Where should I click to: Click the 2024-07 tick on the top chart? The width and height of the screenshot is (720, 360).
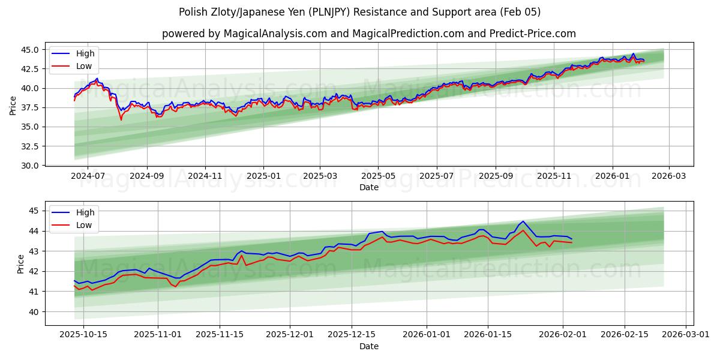88,176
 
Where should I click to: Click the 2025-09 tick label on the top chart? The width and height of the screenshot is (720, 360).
496,176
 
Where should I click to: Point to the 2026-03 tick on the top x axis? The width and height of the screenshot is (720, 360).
669,176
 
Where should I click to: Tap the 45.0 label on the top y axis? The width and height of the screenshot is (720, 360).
30,50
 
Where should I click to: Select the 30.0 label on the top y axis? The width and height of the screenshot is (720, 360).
30,165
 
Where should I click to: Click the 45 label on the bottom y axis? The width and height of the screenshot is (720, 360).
34,211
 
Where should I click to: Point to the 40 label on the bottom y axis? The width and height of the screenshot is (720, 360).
34,311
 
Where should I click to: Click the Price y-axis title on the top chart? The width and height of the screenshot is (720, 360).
13,106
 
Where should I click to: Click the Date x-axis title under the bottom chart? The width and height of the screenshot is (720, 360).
369,346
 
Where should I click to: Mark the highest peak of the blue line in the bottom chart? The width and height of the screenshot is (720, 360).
523,221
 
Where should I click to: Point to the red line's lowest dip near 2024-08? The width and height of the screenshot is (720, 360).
121,119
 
